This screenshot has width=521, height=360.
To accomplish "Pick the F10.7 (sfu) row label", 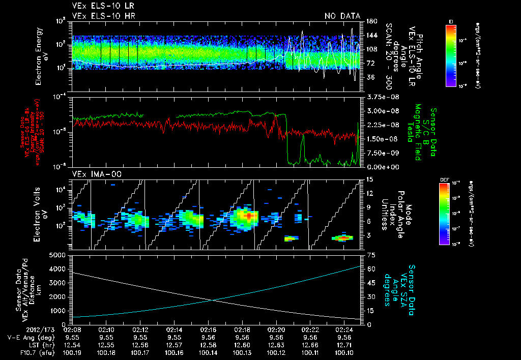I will [x=34, y=352].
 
